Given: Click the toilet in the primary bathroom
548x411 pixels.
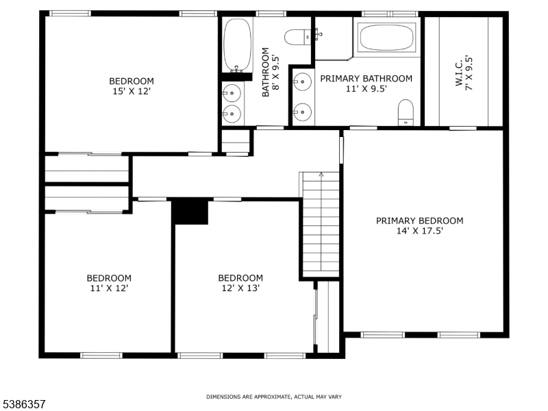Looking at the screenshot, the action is point(406,112).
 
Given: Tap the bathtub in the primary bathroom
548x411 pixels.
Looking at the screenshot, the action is point(386,38).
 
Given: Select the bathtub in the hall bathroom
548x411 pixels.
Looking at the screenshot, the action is point(237,45).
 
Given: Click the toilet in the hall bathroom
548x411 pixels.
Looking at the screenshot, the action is point(298,37).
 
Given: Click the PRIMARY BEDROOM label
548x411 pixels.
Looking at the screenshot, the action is point(420,221).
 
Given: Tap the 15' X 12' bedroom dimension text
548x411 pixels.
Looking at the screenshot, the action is point(132,92).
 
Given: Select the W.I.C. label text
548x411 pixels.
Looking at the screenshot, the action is point(459,72).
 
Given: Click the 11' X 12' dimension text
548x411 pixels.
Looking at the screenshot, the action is point(110,288).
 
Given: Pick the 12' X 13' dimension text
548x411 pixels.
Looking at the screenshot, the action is point(240,288).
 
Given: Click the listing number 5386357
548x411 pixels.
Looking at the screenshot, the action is point(23,404).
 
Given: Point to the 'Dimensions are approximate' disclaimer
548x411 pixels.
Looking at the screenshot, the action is point(274,397).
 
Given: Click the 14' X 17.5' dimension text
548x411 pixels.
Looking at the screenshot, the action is point(420,231).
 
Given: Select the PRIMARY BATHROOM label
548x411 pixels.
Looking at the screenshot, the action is point(366,79).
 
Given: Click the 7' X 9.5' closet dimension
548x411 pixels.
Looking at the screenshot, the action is point(469,73).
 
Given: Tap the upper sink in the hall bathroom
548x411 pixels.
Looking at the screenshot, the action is point(232,93).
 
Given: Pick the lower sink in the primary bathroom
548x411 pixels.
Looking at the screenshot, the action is point(302,112).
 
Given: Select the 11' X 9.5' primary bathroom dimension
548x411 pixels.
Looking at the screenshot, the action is point(366,89).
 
